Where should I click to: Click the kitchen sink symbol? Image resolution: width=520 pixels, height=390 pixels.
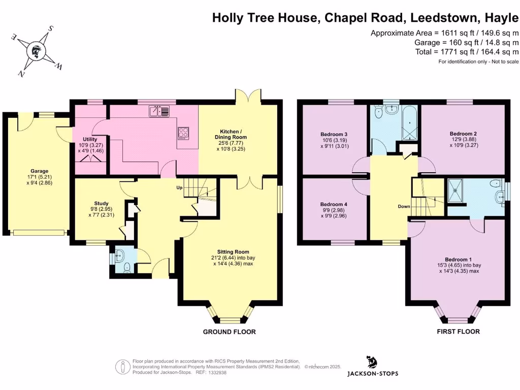[x=159, y=111]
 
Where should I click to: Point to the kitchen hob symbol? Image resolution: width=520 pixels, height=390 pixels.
[x=184, y=134]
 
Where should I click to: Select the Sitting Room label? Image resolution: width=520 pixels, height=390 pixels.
[x=233, y=251]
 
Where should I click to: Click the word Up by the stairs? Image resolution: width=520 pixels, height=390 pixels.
[x=179, y=187]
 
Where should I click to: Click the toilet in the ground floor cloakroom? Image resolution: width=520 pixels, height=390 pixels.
[x=126, y=268]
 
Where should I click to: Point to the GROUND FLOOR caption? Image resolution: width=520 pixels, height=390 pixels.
[x=229, y=332]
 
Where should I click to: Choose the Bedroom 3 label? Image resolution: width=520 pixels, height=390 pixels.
[x=334, y=134]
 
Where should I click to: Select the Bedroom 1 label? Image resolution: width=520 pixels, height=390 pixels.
[x=459, y=258]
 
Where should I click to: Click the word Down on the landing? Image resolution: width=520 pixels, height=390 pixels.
[x=404, y=207]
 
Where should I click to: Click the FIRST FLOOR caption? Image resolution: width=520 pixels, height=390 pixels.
[x=458, y=332]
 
